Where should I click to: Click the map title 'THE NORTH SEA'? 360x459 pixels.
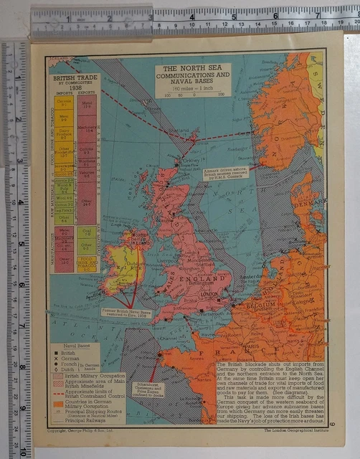193,67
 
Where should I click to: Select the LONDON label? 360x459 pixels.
209,294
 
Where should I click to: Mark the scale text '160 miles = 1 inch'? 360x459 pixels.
191,86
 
